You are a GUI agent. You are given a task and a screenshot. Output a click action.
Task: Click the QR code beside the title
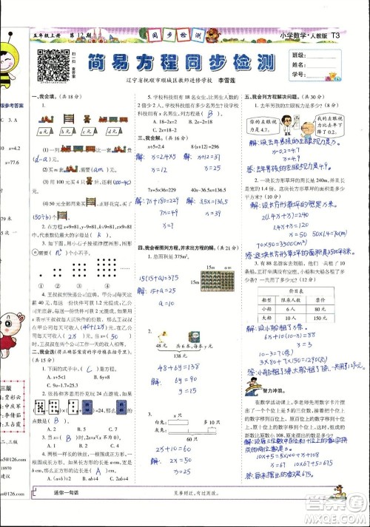pyautogui.click(x=50, y=66)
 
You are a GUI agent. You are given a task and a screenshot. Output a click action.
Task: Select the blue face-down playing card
pyautogui.click(x=91, y=407)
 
